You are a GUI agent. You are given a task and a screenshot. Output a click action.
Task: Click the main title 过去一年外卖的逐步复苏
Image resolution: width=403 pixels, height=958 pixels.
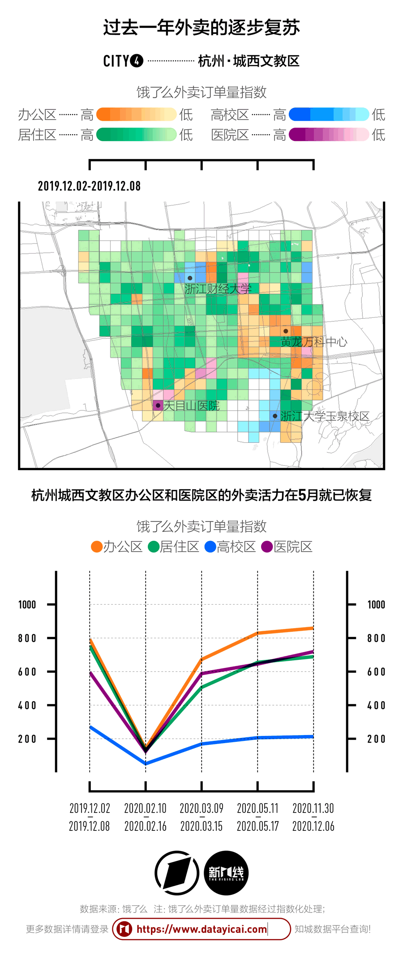click(x=201, y=28)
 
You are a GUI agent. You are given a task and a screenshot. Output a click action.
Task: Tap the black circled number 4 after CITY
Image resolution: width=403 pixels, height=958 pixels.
click(x=137, y=61)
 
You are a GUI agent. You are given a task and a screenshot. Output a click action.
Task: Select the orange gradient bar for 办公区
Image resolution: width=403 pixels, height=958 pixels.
click(x=136, y=115)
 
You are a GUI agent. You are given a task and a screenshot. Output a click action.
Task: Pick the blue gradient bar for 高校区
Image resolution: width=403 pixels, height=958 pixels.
click(x=329, y=115)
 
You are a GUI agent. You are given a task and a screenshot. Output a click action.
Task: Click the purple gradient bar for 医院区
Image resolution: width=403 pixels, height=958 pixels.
click(x=329, y=134)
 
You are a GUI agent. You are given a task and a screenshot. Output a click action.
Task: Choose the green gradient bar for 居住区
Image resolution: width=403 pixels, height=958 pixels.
click(x=136, y=134)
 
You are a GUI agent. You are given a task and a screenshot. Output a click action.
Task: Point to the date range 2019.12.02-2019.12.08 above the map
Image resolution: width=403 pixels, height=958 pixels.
click(x=89, y=186)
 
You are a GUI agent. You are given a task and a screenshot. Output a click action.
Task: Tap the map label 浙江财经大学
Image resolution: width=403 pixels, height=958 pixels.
click(x=218, y=289)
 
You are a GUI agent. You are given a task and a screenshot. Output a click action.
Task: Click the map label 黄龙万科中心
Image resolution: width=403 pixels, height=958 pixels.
click(x=313, y=342)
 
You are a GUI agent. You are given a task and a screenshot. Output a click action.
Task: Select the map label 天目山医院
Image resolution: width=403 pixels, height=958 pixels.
click(x=191, y=406)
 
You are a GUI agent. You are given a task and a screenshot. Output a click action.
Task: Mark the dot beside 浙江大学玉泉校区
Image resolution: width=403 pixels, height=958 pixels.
click(x=275, y=416)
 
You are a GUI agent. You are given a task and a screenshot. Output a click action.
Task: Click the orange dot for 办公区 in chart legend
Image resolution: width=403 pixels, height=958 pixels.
click(x=96, y=547)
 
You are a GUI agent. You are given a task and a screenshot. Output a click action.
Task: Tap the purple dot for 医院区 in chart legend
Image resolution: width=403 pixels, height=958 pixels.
click(x=267, y=547)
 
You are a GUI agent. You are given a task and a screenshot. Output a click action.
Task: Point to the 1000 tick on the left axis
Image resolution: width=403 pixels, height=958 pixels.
click(x=27, y=605)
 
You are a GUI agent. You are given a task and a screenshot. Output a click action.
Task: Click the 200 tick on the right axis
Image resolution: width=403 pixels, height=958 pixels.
click(x=376, y=739)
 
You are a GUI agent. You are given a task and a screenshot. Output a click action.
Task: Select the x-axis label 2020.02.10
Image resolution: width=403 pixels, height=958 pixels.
click(x=145, y=808)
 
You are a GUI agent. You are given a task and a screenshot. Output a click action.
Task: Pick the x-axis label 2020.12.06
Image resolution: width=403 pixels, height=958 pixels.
click(x=313, y=826)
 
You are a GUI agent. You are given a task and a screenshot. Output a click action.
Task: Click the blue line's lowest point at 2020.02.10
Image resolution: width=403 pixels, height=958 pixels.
click(x=146, y=763)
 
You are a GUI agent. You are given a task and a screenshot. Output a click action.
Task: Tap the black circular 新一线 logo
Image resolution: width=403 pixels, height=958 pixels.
click(x=226, y=872)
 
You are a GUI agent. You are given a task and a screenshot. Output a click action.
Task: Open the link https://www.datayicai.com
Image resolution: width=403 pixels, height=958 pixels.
click(x=201, y=929)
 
